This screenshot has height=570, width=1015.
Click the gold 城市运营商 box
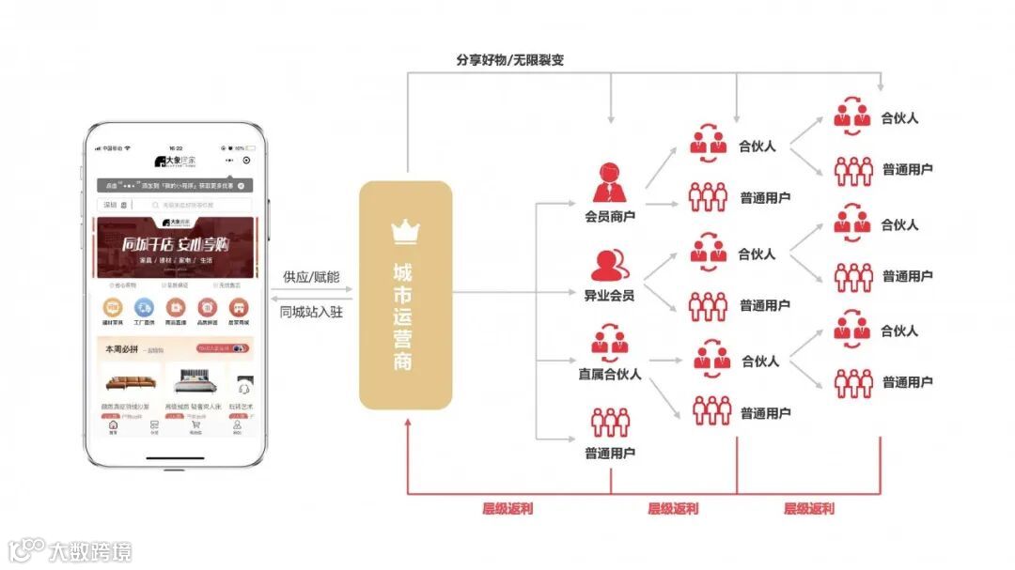pyautogui.click(x=405, y=295)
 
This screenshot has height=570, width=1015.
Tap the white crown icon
pyautogui.click(x=405, y=230)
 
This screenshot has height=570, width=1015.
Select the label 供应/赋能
pyautogui.click(x=311, y=278)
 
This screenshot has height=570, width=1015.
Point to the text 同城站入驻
pyautogui.click(x=311, y=312)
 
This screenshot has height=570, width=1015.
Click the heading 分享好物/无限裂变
pyautogui.click(x=509, y=60)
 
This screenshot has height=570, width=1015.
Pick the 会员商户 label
pyautogui.click(x=610, y=217)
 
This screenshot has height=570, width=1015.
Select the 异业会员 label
pyautogui.click(x=610, y=296)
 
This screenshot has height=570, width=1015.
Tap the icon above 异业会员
pyautogui.click(x=610, y=264)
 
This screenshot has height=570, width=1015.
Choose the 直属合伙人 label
pyautogui.click(x=610, y=374)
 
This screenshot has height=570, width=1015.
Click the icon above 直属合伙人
pyautogui.click(x=610, y=341)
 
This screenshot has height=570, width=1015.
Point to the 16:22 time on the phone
pyautogui.click(x=176, y=147)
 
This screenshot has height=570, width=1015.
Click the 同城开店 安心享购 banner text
pyautogui.click(x=176, y=246)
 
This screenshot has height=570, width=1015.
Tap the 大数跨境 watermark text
pyautogui.click(x=90, y=549)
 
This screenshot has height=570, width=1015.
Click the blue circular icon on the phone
pyautogui.click(x=144, y=307)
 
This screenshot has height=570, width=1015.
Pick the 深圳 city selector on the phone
pyautogui.click(x=114, y=205)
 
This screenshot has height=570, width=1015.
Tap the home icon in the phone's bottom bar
pyautogui.click(x=114, y=426)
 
